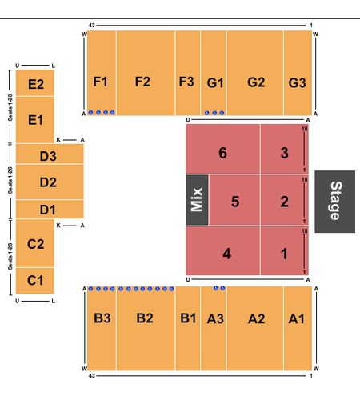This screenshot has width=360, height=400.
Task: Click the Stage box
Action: point(334,202)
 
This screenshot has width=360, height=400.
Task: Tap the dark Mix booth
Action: point(197,200)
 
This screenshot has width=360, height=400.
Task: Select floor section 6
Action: point(223,149)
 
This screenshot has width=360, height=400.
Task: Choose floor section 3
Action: point(285,149)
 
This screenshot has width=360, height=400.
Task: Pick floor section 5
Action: point(234,200)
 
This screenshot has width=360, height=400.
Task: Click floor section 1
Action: point(285,250)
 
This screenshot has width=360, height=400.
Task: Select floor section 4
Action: point(223,250)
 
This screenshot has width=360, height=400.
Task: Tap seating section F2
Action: point(146,73)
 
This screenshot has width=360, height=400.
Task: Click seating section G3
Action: point(298,73)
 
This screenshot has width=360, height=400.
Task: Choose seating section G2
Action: point(255,73)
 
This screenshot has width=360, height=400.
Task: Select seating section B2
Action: point(146,329)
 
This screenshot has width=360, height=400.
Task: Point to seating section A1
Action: point(298,329)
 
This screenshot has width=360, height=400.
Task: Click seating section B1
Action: point(188,329)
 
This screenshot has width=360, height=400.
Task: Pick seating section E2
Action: point(35,82)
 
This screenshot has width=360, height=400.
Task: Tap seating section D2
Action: point(50,182)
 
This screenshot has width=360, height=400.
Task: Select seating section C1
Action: point(35,281)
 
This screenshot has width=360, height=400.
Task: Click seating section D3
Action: point(50,154)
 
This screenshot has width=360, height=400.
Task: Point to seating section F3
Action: point(188,73)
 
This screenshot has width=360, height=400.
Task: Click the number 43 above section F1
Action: point(91,26)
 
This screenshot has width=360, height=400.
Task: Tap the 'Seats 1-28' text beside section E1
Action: point(10,108)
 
